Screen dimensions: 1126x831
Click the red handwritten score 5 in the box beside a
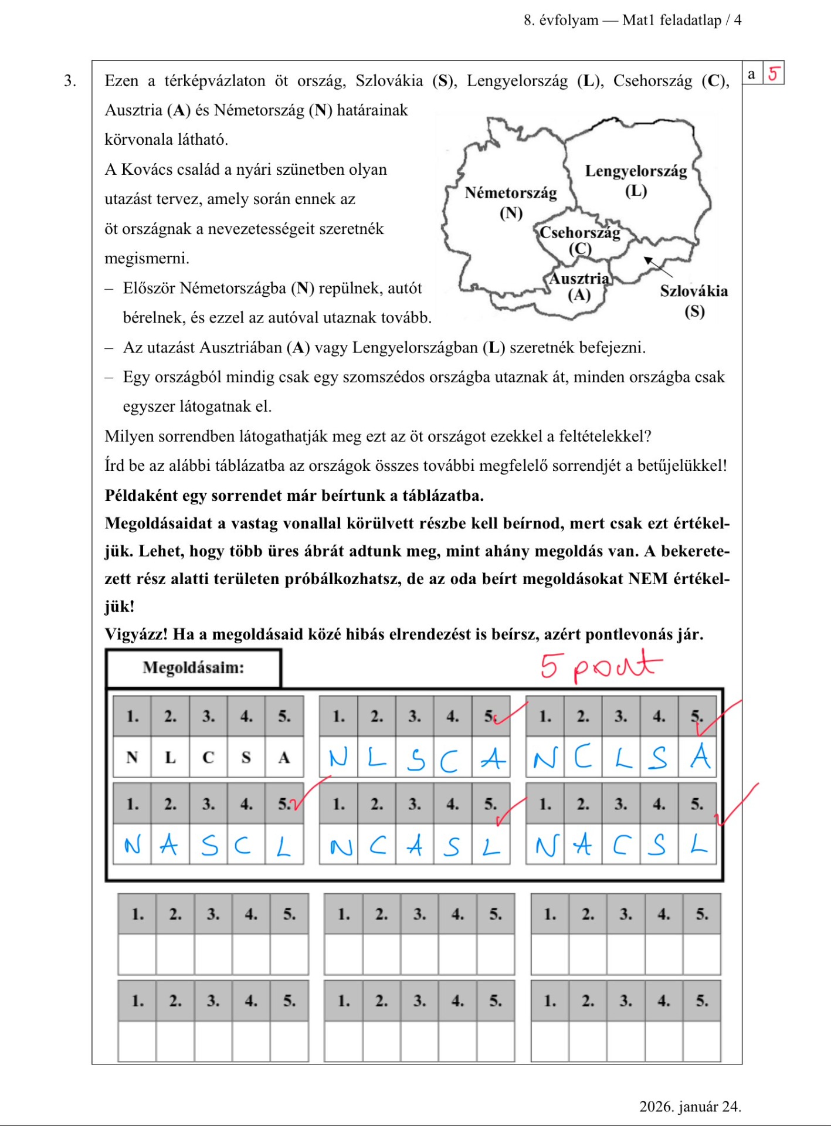(x=774, y=74)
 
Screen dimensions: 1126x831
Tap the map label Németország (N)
(x=510, y=202)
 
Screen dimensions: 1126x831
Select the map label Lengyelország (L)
(x=636, y=180)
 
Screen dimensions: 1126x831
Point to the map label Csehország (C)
(x=579, y=239)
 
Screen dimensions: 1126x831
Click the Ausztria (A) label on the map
(x=579, y=286)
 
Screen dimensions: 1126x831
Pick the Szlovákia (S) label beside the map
(x=694, y=300)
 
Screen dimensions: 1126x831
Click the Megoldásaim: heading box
(x=194, y=667)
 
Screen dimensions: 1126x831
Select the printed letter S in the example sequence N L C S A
(x=246, y=758)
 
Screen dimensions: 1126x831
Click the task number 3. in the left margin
(x=70, y=80)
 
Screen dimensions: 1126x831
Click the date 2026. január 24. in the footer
(x=690, y=1106)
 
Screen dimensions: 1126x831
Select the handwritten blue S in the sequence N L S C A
(x=416, y=759)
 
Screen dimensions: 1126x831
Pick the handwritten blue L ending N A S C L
(x=284, y=846)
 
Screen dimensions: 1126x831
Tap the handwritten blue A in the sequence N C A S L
(x=415, y=846)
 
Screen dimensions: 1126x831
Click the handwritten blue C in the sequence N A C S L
(x=621, y=845)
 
